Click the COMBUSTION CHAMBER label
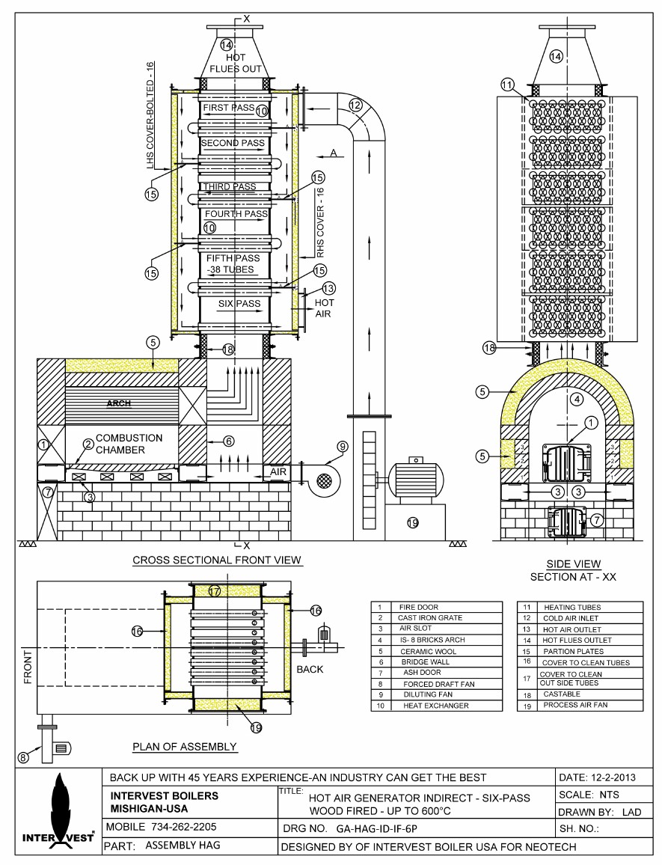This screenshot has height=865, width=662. tap(129, 444)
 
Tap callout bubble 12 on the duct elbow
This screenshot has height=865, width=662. tap(355, 106)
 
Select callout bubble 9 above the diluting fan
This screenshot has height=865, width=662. tap(343, 447)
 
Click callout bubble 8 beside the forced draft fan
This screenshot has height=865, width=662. tap(23, 757)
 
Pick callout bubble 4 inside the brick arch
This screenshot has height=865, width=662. tap(576, 399)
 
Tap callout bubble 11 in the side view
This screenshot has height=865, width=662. tap(507, 85)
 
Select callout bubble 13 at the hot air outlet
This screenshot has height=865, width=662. tap(329, 288)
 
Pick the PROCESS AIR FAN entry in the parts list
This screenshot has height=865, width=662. tap(576, 705)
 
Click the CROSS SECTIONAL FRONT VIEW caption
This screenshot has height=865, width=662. tap(217, 560)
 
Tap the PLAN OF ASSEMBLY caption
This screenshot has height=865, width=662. tap(185, 746)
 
